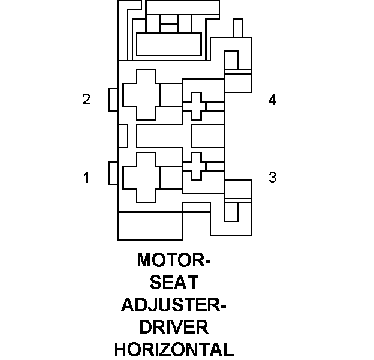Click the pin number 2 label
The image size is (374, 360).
tap(86, 100)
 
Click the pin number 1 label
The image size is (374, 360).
tap(86, 178)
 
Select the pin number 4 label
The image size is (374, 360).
tap(273, 100)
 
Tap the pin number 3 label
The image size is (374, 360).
tap(273, 178)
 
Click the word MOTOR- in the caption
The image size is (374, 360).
tap(174, 261)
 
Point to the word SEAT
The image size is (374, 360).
tap(174, 283)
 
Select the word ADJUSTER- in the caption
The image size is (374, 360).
tap(174, 305)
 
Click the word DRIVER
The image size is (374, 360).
tap(174, 327)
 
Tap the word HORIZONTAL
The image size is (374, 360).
tap(174, 349)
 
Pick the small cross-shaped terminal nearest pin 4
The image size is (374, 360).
tap(194, 106)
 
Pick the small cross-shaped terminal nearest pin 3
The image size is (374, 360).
tap(194, 166)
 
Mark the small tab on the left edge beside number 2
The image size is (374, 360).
tap(114, 100)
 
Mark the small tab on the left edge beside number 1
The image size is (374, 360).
tap(114, 173)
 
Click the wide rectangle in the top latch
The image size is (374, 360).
tap(169, 44)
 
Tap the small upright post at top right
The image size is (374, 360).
tap(238, 28)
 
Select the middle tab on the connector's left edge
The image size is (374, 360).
tap(123, 136)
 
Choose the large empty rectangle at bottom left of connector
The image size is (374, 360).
tap(150, 226)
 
